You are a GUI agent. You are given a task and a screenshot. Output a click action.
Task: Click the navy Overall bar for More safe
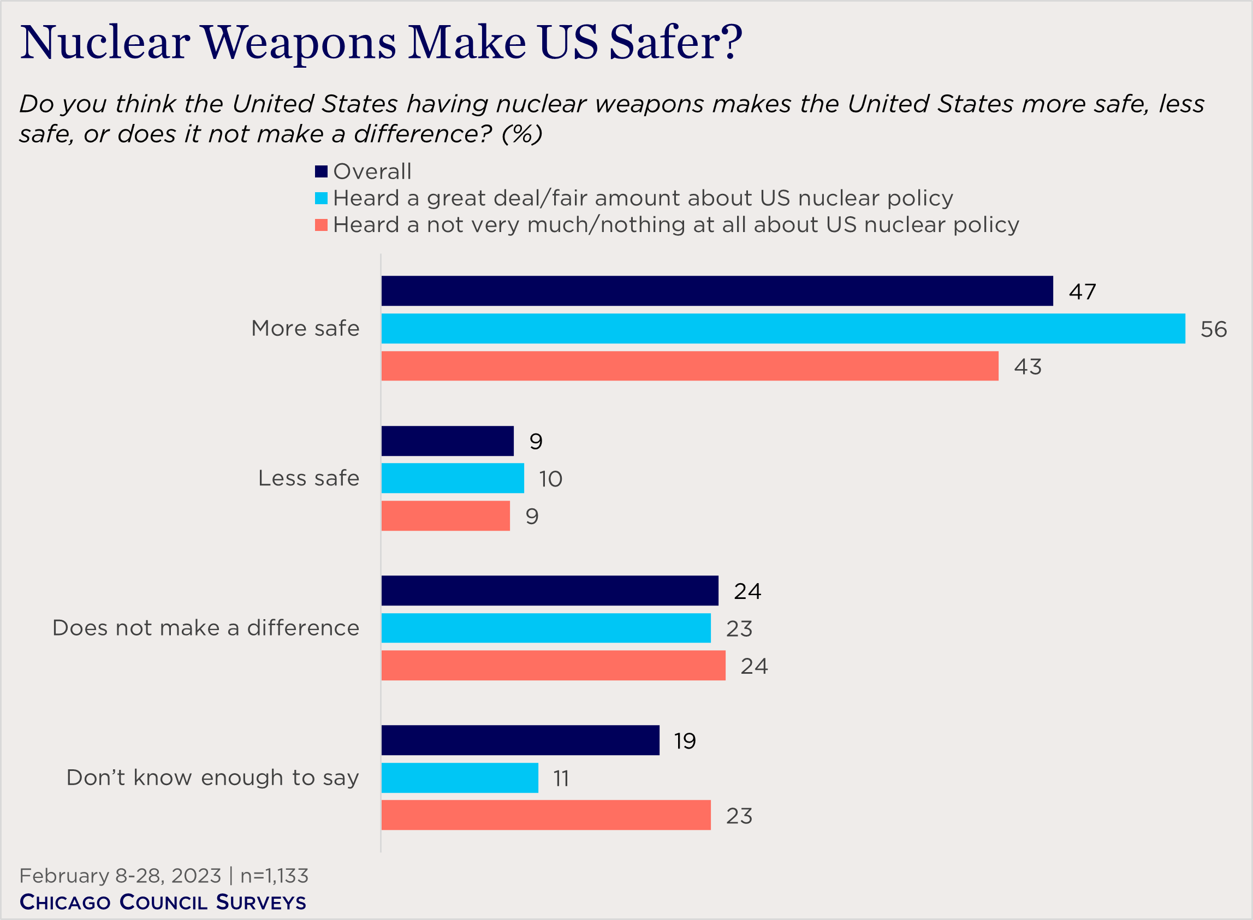tap(717, 290)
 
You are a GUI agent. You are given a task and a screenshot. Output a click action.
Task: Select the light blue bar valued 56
tap(782, 329)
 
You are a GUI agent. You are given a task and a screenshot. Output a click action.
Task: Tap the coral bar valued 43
tap(690, 366)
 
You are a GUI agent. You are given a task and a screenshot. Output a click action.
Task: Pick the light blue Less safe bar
tap(452, 478)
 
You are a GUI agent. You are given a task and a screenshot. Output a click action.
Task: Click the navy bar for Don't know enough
tap(520, 741)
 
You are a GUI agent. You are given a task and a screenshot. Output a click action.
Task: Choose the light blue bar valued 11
tap(460, 778)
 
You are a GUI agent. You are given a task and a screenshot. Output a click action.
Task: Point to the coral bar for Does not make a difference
tap(553, 666)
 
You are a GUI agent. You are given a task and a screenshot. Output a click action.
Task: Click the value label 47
tap(1082, 292)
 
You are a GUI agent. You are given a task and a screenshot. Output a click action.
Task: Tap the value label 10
tap(550, 479)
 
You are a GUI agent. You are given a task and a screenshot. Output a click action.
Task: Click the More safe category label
tap(305, 329)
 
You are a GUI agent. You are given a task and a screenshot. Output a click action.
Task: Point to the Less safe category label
tap(308, 478)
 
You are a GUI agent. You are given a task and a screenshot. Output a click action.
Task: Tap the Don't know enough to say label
tap(213, 778)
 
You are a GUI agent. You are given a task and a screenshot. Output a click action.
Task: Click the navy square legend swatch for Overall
tap(321, 171)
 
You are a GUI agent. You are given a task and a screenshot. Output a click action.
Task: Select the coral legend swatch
tap(321, 225)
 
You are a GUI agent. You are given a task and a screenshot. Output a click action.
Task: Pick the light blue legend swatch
tap(321, 198)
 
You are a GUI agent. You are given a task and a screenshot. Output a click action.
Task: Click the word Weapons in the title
tap(299, 44)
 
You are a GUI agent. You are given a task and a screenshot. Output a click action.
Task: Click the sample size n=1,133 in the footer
tap(274, 876)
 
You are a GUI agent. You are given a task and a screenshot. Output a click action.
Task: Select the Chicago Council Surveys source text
tap(163, 902)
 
